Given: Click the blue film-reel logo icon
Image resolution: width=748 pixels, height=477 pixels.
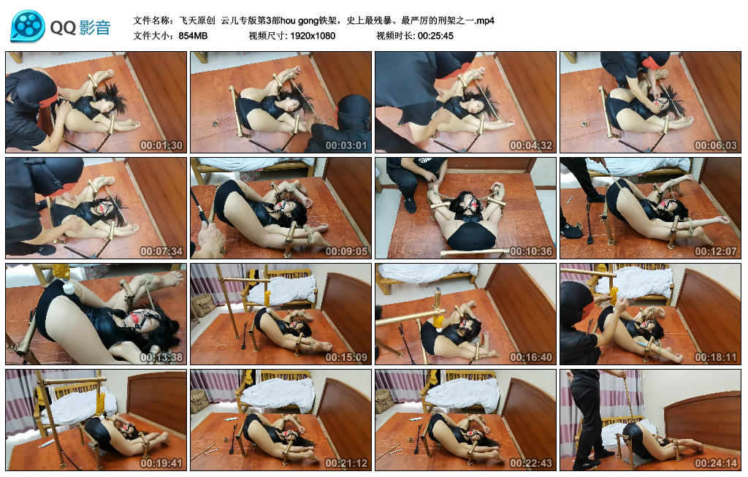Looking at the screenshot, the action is click(x=28, y=26).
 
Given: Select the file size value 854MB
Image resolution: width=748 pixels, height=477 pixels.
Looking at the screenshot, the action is click(x=193, y=36).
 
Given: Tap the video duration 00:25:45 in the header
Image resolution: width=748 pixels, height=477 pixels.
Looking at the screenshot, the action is click(x=435, y=36).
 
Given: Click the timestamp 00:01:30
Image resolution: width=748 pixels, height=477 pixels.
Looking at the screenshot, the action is click(x=161, y=145).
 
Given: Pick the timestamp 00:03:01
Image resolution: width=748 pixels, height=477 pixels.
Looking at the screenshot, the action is click(x=346, y=145).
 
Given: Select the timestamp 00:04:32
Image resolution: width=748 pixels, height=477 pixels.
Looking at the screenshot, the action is click(x=531, y=145).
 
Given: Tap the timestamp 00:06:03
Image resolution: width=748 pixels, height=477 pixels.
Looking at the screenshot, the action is click(x=716, y=145).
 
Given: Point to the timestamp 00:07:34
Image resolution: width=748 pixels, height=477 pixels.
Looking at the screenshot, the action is click(x=161, y=251).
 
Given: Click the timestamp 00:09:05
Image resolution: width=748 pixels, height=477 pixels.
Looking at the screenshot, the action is click(x=346, y=251).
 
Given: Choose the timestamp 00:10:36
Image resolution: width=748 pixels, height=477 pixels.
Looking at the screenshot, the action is click(x=531, y=251).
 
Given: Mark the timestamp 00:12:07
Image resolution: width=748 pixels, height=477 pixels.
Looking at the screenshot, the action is click(x=716, y=251).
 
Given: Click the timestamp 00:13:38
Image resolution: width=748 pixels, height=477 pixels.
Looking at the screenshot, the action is click(x=161, y=356).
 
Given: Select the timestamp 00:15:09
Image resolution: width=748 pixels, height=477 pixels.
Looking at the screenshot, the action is click(x=346, y=356).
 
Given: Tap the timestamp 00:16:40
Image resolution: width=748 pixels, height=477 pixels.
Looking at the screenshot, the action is click(x=531, y=356).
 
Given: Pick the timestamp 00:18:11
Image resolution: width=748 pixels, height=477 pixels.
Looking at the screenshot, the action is click(x=716, y=356).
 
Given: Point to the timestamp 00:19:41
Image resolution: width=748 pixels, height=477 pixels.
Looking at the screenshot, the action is click(x=161, y=462).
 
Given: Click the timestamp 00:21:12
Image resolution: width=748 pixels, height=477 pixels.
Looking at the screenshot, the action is click(x=346, y=462).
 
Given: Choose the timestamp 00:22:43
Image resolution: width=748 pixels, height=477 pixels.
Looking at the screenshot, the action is click(x=531, y=462).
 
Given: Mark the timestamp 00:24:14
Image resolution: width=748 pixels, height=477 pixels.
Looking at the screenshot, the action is click(x=716, y=462).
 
